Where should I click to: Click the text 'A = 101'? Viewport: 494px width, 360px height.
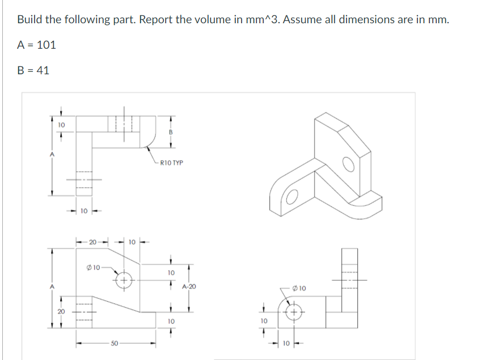click(36, 45)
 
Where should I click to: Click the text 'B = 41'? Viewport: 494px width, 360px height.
click(33, 70)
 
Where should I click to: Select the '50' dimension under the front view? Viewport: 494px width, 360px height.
click(115, 344)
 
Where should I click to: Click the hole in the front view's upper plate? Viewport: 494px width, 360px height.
click(124, 280)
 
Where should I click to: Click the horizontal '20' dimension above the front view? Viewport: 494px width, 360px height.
click(92, 243)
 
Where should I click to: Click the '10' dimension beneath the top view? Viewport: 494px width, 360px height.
click(83, 211)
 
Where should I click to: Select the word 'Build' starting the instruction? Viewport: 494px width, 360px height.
click(29, 19)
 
